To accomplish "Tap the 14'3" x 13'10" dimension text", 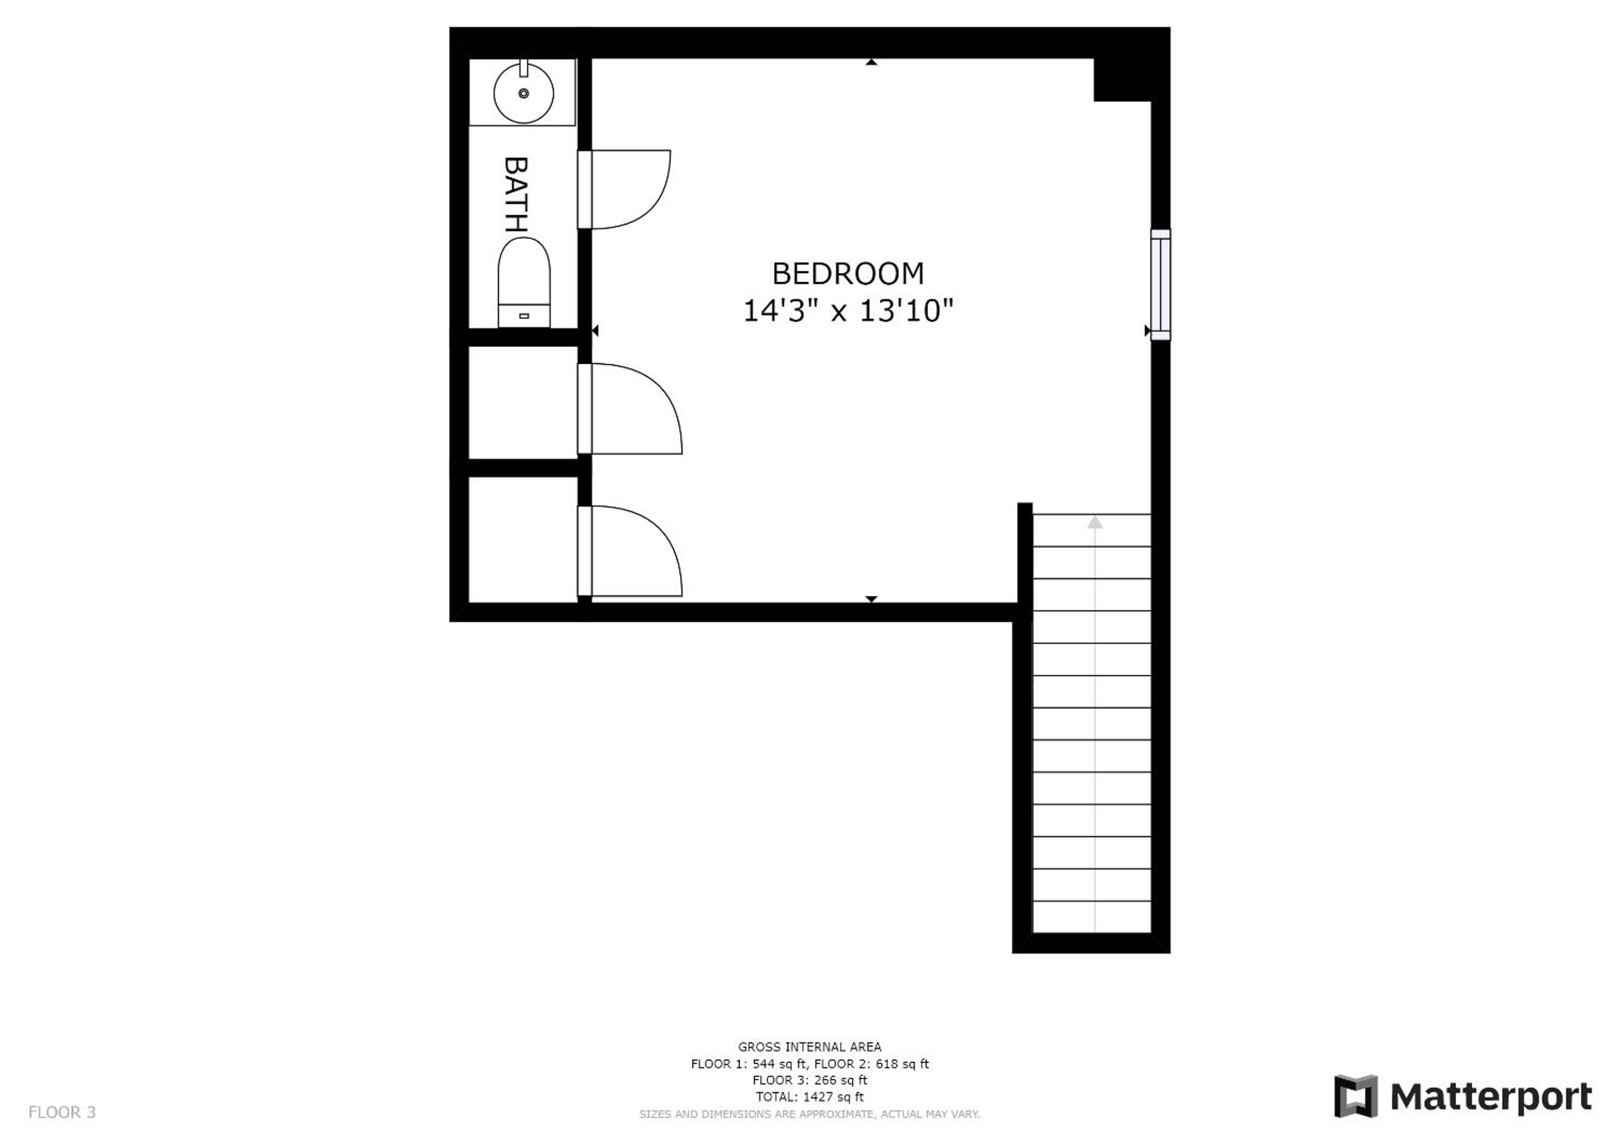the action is click(848, 311).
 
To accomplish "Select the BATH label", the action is click(516, 195).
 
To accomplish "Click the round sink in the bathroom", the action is click(524, 92).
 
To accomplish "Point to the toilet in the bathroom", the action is click(524, 282).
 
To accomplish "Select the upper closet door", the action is click(630, 408).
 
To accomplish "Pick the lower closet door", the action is click(630, 551).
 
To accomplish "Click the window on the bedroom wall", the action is click(1160, 285).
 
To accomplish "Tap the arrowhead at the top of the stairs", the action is click(1095, 522).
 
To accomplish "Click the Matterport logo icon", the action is click(1355, 1097).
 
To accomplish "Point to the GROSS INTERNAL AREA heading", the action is click(809, 1047).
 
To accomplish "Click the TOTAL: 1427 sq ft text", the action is click(809, 1097).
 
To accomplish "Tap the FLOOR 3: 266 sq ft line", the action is click(809, 1081).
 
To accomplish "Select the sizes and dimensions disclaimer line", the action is click(809, 1114).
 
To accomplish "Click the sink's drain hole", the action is click(524, 93).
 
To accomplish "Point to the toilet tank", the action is click(524, 316).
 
